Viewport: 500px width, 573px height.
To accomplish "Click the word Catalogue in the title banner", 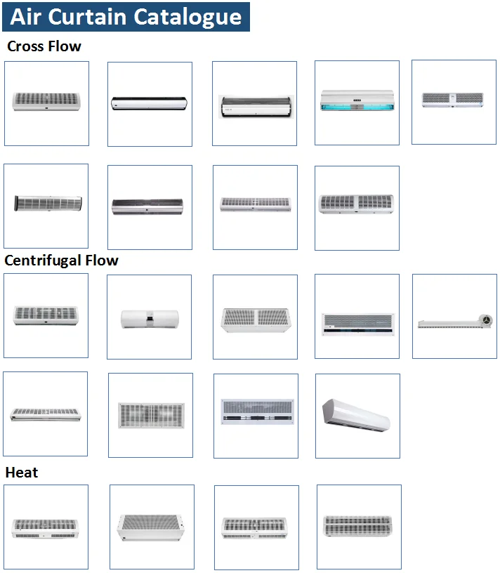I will click(x=187, y=16).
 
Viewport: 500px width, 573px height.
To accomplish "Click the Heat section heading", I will click(x=22, y=473).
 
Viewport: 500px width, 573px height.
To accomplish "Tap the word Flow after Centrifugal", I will click(x=101, y=261).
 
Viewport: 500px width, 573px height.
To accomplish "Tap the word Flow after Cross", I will click(x=65, y=47).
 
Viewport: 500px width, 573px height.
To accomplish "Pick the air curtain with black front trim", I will click(x=150, y=103).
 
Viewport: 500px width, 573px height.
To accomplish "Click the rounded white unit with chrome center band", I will click(x=149, y=319).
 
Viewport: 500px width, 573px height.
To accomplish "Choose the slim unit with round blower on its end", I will click(x=454, y=320).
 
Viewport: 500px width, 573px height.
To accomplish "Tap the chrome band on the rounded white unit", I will click(x=149, y=320).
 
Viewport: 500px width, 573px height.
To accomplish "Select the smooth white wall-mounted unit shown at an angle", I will click(x=357, y=414).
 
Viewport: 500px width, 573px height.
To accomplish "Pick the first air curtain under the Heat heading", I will click(x=46, y=527).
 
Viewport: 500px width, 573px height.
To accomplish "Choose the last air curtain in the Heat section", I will click(x=358, y=527).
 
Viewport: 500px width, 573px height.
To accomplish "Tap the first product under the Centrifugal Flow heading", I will click(x=46, y=315).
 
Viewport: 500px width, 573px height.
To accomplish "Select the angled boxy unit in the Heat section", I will click(x=151, y=527).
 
